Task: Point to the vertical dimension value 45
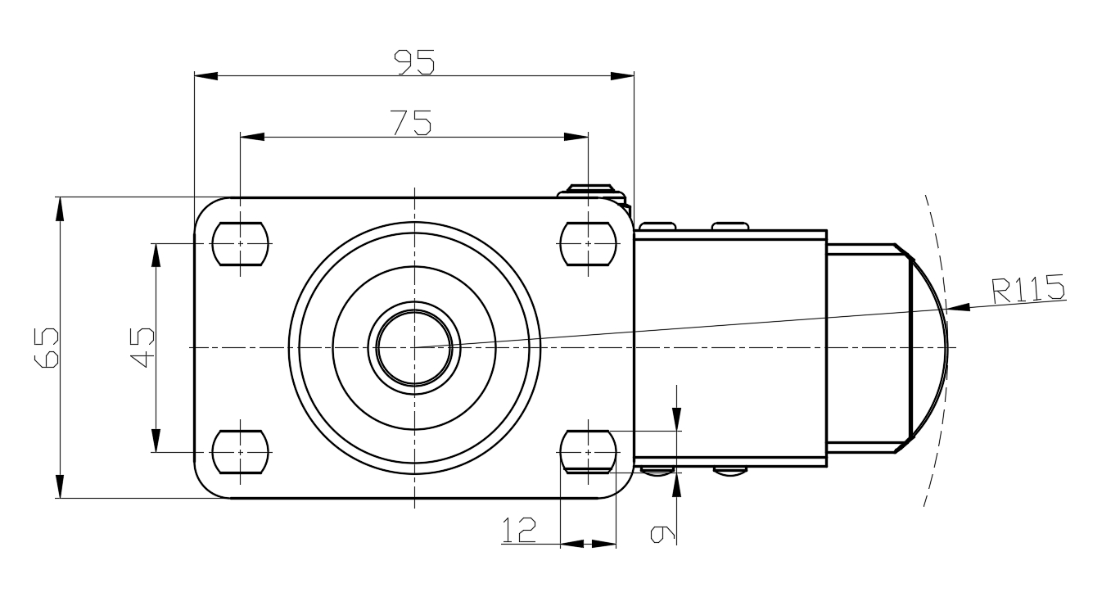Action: pyautogui.click(x=143, y=347)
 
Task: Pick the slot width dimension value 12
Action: pyautogui.click(x=518, y=531)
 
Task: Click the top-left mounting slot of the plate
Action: pyautogui.click(x=241, y=243)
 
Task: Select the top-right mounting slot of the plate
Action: pyautogui.click(x=588, y=243)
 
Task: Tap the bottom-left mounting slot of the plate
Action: pyautogui.click(x=241, y=451)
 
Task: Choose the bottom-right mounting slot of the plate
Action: pyautogui.click(x=588, y=451)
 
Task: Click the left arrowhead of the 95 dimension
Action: pyautogui.click(x=205, y=76)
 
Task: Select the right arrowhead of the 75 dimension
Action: pyautogui.click(x=577, y=137)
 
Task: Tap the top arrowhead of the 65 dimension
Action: pyautogui.click(x=60, y=208)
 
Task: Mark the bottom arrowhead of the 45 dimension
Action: pyautogui.click(x=156, y=441)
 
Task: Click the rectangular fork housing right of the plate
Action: pyautogui.click(x=729, y=347)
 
